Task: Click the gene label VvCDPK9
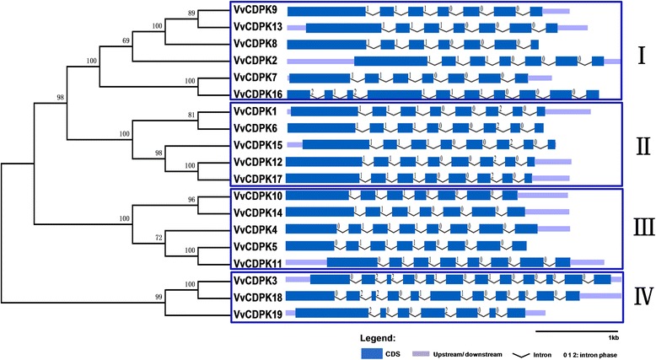(255, 11)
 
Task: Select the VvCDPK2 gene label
(255, 61)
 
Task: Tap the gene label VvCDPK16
(258, 94)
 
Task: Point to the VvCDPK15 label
(258, 144)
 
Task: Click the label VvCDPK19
(258, 313)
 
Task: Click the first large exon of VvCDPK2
(390, 61)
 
